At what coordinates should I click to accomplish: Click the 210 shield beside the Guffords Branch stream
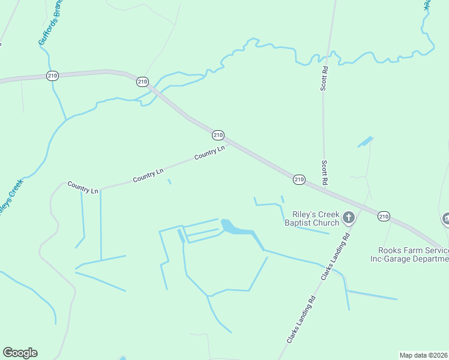coord(52,75)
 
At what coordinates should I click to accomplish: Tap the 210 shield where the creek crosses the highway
coord(142,82)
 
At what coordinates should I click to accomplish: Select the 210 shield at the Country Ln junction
coord(218,135)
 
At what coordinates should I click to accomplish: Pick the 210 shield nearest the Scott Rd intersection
coord(299,179)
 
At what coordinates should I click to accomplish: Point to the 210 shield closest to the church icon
coord(384,216)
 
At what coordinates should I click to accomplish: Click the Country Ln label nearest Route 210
coord(209,153)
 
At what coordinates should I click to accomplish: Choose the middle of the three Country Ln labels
coord(148,175)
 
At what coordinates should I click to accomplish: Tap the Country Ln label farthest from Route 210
coord(83,187)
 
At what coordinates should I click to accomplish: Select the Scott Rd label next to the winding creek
coord(324,78)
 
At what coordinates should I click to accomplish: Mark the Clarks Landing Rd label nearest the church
coord(336,257)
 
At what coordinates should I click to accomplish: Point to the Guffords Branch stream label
coord(50,25)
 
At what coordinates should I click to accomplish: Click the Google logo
coord(20,353)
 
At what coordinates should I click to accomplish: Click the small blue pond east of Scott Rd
coord(365,142)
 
